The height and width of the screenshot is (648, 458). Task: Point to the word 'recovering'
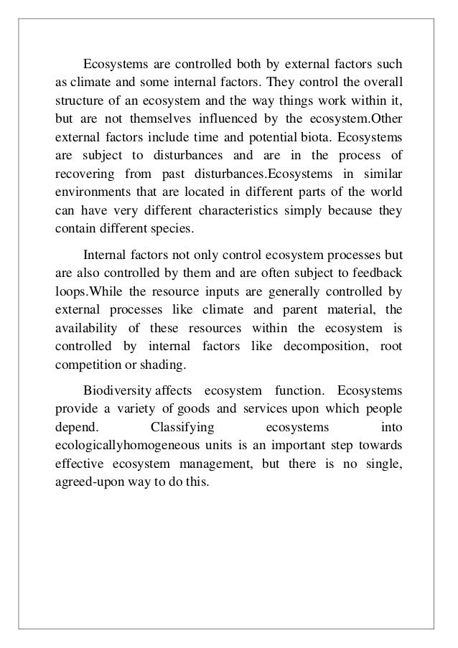point(83,174)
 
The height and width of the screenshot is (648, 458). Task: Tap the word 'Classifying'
point(180,429)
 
